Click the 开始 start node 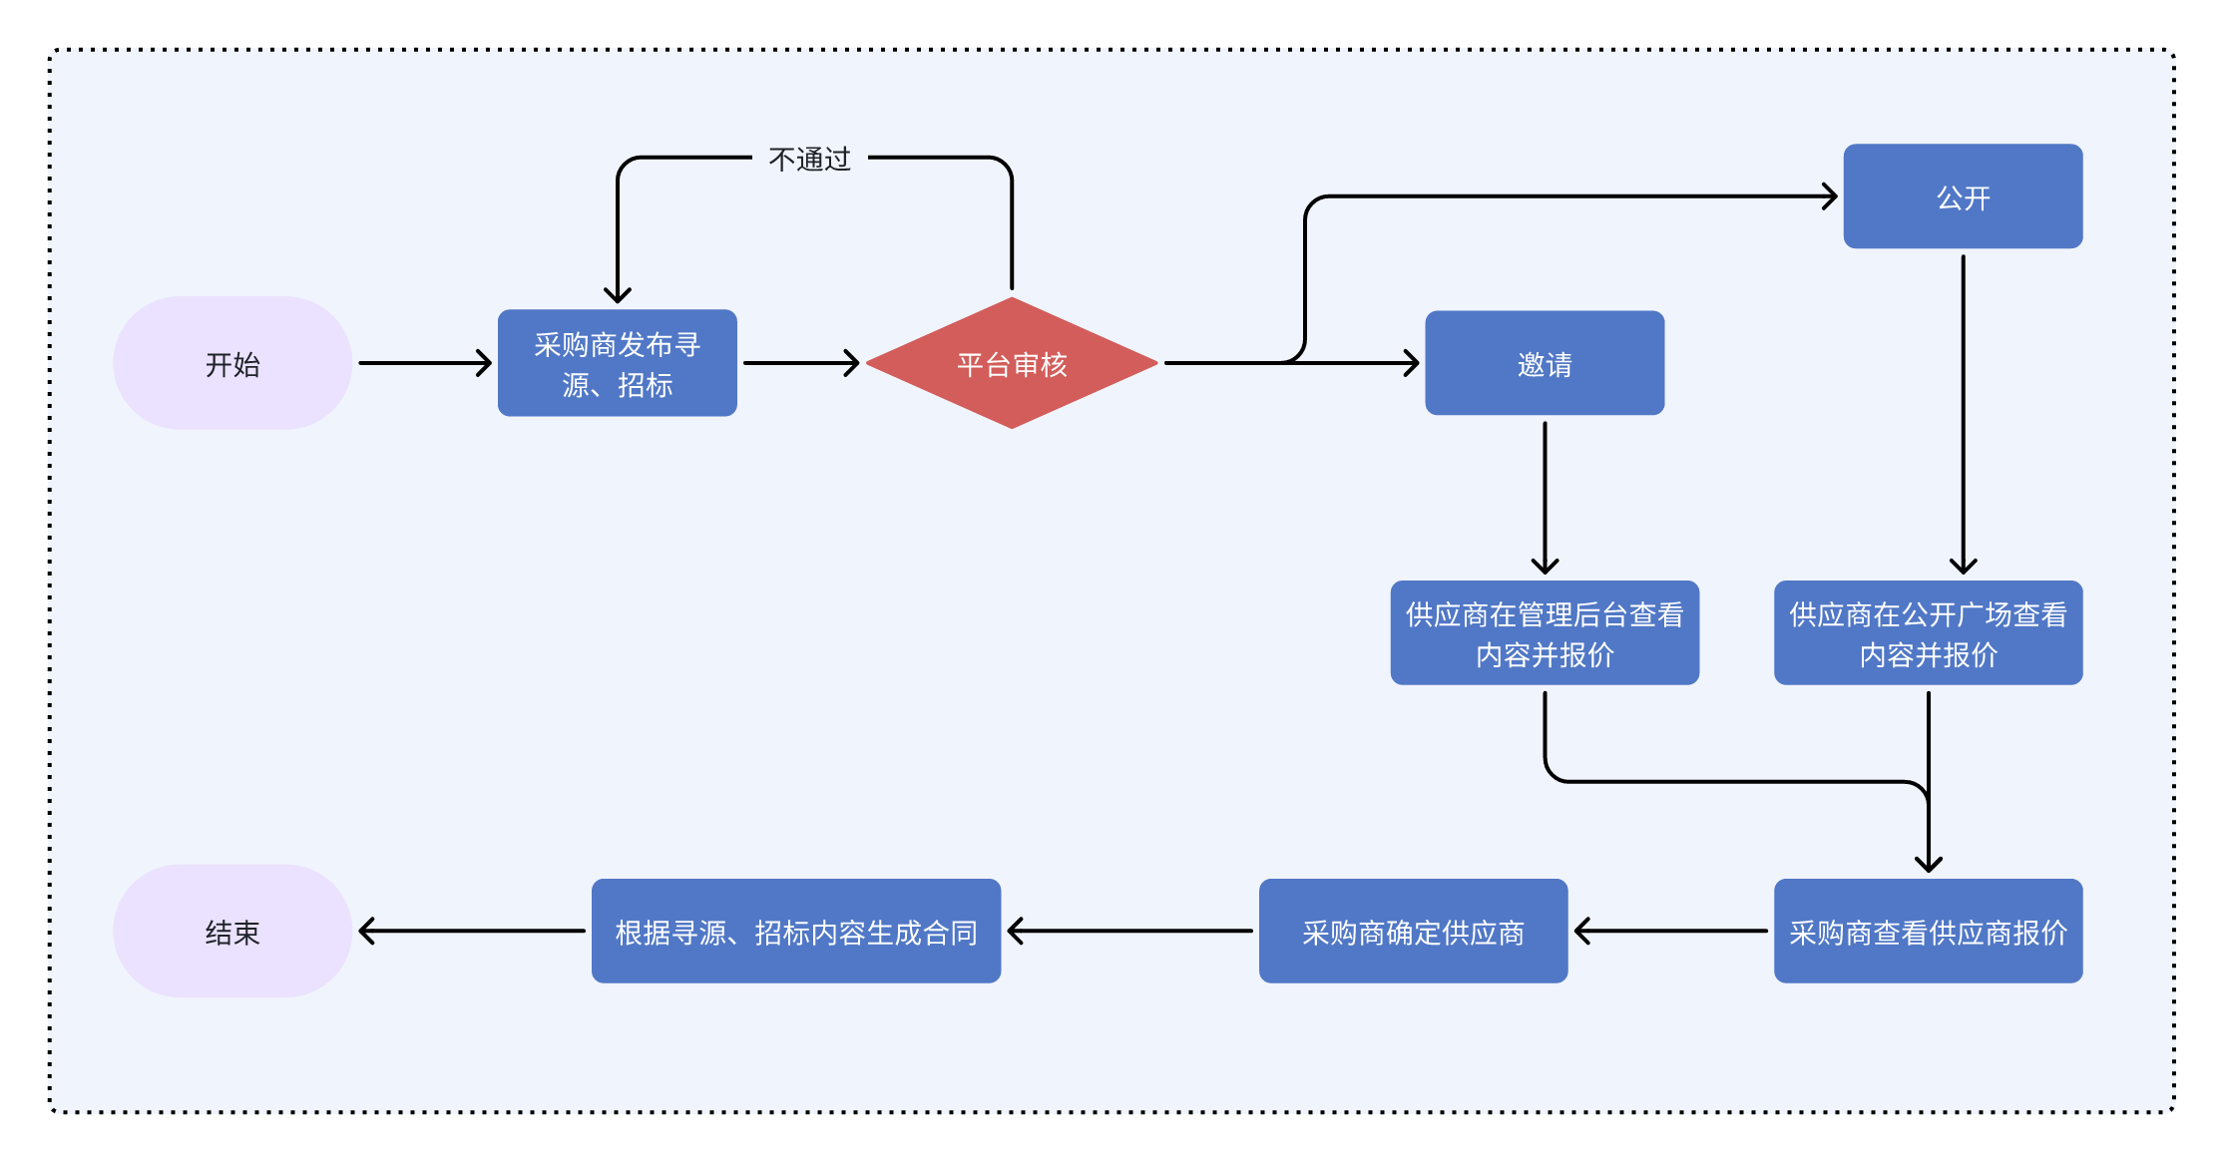232,363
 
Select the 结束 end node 232,931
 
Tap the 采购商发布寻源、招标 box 617,363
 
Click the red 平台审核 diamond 1012,363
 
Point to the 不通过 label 809,159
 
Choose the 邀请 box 1544,363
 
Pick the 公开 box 1963,196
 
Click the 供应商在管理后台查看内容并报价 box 1544,632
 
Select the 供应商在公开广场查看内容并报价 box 1928,632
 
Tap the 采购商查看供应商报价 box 1928,931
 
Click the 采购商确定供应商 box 1413,931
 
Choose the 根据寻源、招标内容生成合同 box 795,931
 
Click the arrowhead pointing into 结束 366,931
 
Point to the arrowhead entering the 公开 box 1830,196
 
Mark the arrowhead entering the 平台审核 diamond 852,363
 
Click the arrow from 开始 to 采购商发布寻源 424,363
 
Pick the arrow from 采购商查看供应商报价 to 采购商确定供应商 1671,931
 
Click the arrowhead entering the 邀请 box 1412,363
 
